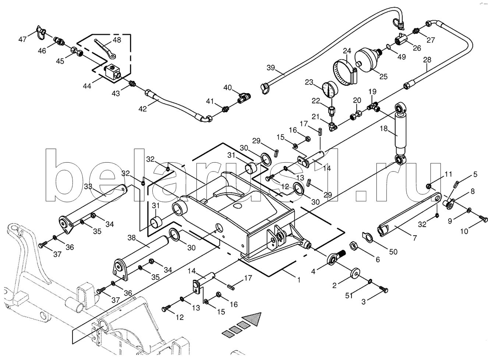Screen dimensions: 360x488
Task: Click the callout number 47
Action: coord(23,39)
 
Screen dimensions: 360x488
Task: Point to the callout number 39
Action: coord(271,68)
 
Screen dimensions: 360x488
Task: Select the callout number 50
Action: coord(393,251)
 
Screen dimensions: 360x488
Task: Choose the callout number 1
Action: coord(298,280)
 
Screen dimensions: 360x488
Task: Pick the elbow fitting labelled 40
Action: coord(243,98)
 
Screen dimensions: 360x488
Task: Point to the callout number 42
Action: coord(142,109)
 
